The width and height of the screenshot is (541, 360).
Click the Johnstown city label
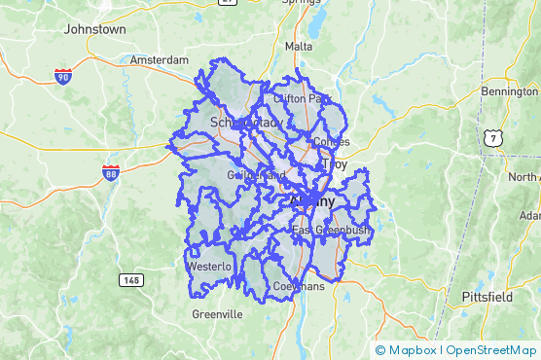coord(94,29)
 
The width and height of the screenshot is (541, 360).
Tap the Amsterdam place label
coord(160,59)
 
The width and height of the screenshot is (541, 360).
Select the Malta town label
coord(299,46)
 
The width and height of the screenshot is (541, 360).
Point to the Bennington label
coord(509,91)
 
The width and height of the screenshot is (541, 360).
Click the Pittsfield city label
coord(487,296)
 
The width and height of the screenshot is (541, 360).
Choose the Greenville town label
coord(217,314)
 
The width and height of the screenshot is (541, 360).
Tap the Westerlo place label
coord(210,266)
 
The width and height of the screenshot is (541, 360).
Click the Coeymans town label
coord(297,287)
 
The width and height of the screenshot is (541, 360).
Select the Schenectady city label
coord(246,123)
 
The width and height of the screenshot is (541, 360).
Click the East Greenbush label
coord(332,231)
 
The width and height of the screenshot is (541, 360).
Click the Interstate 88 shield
coord(111,173)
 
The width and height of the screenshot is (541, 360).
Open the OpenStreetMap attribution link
coord(491,350)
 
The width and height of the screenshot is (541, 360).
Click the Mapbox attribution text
coord(412,350)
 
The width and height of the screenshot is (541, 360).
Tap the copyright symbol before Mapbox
coord(379,350)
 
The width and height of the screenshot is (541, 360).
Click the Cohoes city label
coord(331,142)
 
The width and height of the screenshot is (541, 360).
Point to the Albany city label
coord(311,201)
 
